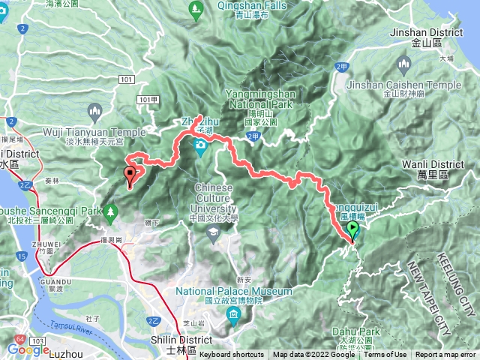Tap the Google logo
click(x=28, y=349)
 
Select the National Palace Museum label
click(x=234, y=291)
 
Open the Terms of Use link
click(x=385, y=355)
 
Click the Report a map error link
click(x=445, y=355)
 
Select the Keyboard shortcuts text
click(x=231, y=355)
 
